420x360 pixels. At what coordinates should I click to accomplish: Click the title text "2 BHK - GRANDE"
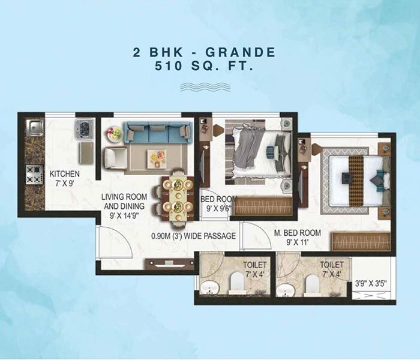(204, 53)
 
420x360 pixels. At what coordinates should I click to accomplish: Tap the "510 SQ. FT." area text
(204, 68)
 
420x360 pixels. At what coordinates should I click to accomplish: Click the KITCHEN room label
(65, 174)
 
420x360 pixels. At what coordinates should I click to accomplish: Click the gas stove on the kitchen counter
(33, 174)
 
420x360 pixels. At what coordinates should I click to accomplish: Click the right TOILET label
(332, 263)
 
